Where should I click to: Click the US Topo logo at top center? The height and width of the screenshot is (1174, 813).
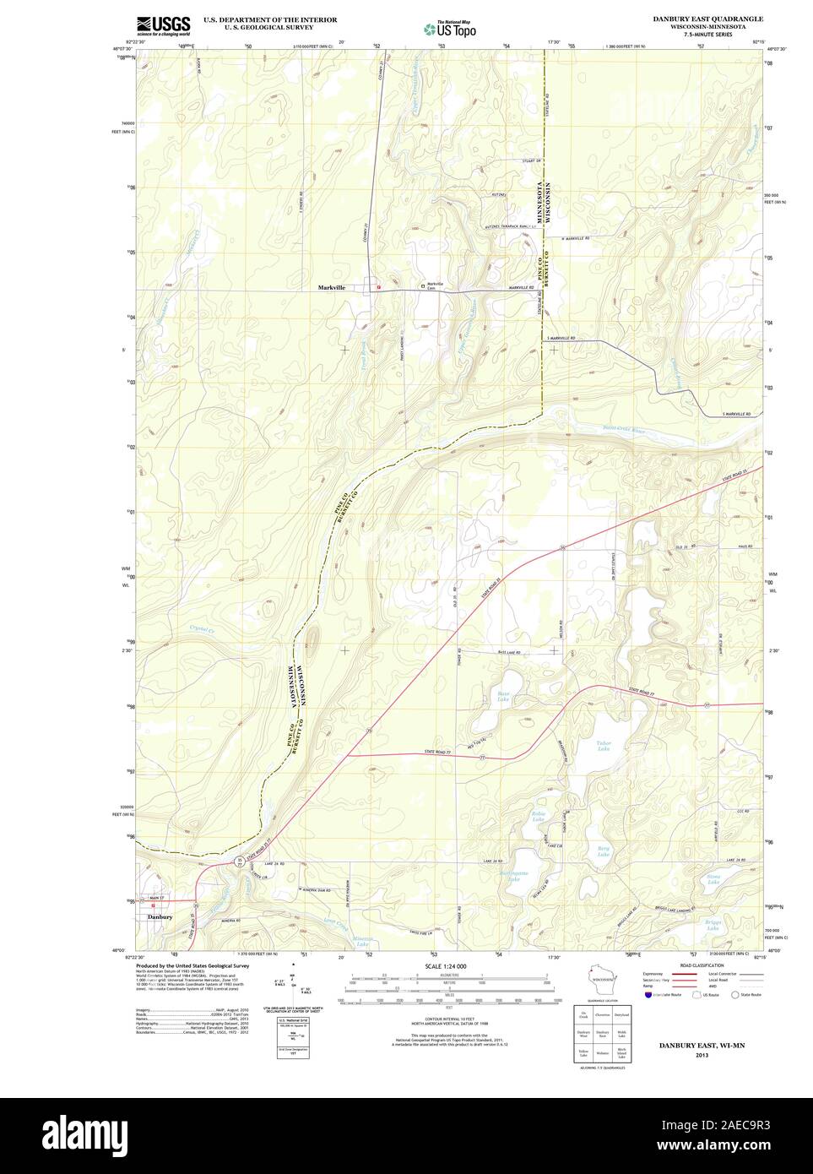point(450,28)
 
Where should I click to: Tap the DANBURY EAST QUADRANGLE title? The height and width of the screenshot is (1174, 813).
point(718,18)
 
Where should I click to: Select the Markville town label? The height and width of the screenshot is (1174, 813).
point(331,288)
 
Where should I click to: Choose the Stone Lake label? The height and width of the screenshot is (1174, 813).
point(713,880)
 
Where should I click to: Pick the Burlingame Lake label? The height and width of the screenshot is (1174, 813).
point(512,876)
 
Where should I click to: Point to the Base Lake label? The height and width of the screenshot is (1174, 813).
point(502,697)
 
